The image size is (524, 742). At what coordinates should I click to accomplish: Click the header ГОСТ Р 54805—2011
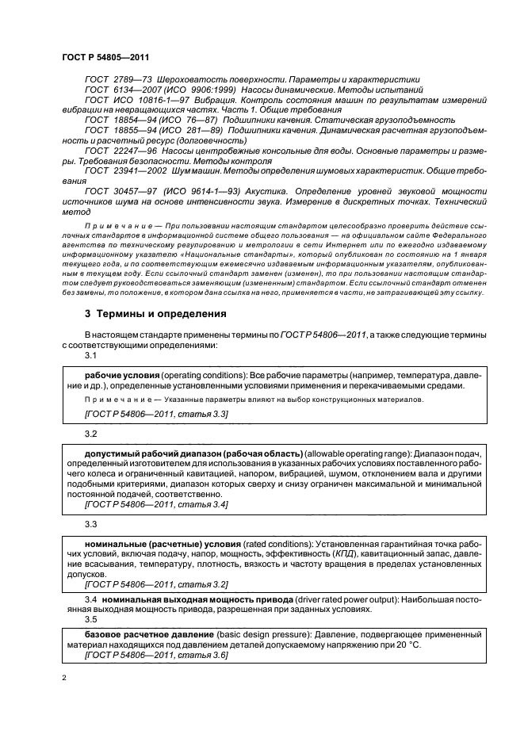(x=105, y=59)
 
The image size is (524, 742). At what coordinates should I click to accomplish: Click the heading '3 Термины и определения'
(x=155, y=313)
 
